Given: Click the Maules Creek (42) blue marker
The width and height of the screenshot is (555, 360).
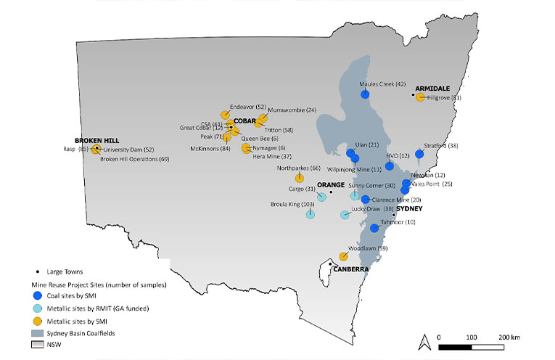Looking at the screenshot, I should (x=366, y=94).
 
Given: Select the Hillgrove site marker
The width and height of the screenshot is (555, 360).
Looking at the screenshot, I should (x=420, y=97).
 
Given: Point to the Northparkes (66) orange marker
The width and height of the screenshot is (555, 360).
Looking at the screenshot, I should (x=299, y=179).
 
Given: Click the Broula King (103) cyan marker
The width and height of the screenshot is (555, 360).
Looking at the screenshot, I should (x=311, y=214).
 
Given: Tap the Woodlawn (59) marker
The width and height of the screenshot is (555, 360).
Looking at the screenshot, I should (x=343, y=256).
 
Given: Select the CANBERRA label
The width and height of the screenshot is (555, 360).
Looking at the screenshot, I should (x=351, y=269).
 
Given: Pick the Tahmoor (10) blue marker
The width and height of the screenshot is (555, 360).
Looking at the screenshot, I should (x=374, y=228).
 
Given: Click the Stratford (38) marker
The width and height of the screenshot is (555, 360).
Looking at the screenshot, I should (x=419, y=154).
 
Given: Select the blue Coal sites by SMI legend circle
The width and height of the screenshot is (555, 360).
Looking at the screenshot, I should (x=37, y=296).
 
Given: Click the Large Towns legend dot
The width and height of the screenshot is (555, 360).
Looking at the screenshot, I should (x=37, y=271).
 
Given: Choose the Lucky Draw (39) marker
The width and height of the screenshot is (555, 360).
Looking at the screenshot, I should (x=345, y=215).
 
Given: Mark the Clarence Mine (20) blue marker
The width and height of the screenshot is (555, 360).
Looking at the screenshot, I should (x=366, y=199).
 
